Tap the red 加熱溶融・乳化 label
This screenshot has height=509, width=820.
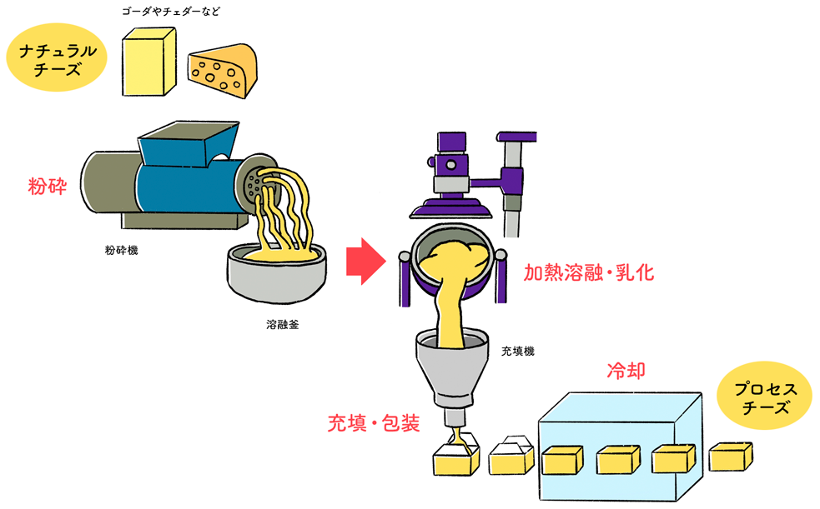click(589, 273)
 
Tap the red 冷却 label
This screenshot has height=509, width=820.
click(625, 372)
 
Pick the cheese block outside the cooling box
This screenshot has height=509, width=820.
click(730, 456)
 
